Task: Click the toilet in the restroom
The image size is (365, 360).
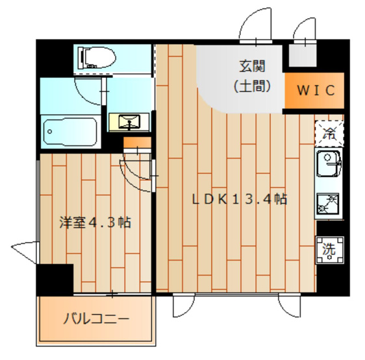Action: click(97, 58)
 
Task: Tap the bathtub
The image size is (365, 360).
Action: click(70, 132)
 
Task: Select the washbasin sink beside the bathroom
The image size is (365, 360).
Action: click(129, 122)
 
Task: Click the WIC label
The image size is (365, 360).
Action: click(316, 90)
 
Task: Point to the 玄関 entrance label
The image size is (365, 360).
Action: click(253, 66)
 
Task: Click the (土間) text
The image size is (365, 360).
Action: click(253, 86)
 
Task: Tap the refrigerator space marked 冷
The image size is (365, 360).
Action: click(329, 133)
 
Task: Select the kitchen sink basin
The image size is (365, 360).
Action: click(329, 163)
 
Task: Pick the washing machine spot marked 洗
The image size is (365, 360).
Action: click(330, 250)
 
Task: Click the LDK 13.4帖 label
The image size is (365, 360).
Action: click(239, 199)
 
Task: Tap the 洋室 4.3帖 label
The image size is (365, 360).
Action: click(95, 222)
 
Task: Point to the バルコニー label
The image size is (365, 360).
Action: click(96, 319)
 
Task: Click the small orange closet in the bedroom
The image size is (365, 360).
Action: click(137, 143)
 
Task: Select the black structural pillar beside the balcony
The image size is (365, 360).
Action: click(55, 280)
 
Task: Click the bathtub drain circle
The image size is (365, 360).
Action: click(49, 132)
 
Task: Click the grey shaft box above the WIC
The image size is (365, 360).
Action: click(303, 55)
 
